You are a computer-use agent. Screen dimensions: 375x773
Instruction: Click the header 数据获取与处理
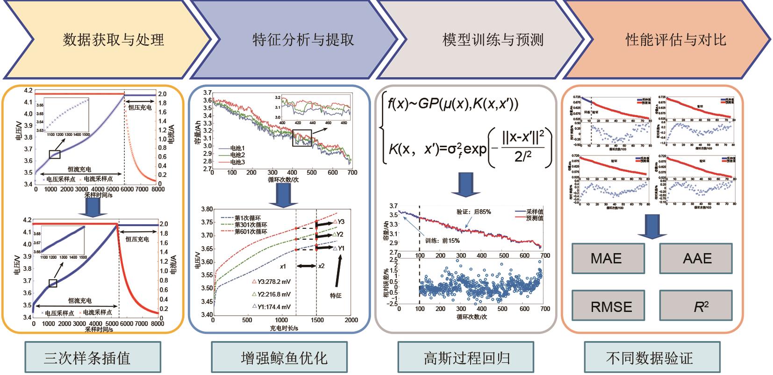[x=114, y=40]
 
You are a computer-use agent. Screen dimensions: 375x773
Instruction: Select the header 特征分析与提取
[x=303, y=40]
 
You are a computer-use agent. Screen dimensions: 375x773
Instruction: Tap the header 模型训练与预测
[x=493, y=40]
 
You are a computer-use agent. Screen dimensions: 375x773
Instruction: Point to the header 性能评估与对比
[x=676, y=40]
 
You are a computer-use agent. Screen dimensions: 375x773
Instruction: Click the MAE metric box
[x=606, y=258]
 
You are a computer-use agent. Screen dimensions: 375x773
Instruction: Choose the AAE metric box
[x=697, y=258]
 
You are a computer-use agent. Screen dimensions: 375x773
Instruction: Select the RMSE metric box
[x=611, y=306]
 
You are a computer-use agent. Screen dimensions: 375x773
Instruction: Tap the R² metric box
[x=697, y=306]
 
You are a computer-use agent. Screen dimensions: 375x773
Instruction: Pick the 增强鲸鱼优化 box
[x=284, y=358]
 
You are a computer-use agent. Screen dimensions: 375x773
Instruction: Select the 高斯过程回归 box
[x=467, y=358]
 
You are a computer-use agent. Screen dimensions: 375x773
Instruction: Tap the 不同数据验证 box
[x=649, y=358]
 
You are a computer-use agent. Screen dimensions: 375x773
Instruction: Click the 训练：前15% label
[x=442, y=241]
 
